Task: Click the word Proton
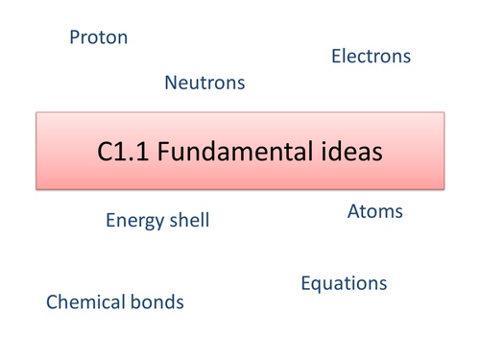point(99,38)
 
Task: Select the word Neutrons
point(204,84)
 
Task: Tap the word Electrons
point(371,57)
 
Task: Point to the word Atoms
point(374,211)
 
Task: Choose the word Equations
point(344,283)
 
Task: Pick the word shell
point(189,221)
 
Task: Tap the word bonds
point(158,303)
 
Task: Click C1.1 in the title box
point(120,152)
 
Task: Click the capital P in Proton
point(75,38)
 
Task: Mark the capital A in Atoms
point(353,211)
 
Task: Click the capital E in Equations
point(306,283)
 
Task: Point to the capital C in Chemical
point(53,303)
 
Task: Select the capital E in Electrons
point(336,57)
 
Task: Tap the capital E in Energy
point(110,221)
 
